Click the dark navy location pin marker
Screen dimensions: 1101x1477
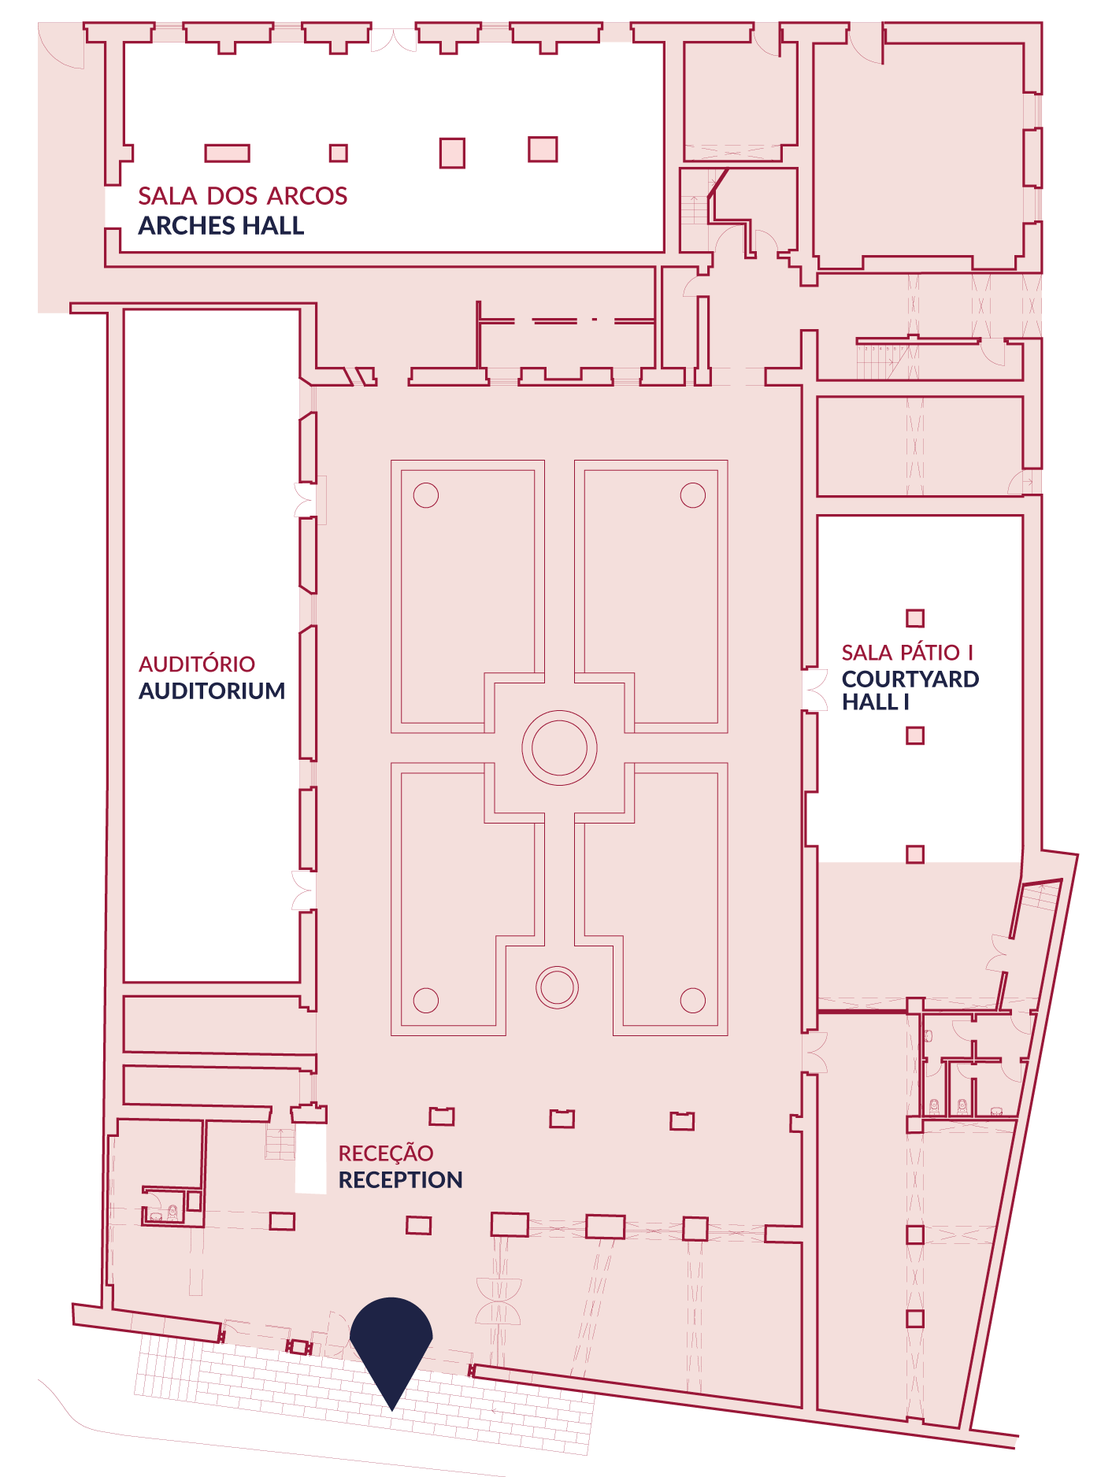pyautogui.click(x=391, y=1346)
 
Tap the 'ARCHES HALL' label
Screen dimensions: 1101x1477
pyautogui.click(x=221, y=226)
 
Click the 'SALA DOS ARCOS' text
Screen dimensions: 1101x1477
pyautogui.click(x=243, y=196)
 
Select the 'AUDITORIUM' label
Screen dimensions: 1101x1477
pyautogui.click(x=212, y=690)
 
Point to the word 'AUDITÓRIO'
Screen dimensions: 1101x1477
pyautogui.click(x=197, y=664)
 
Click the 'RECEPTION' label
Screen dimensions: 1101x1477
pyautogui.click(x=400, y=1179)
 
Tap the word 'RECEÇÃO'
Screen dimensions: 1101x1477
pyautogui.click(x=386, y=1153)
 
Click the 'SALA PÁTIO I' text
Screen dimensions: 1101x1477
pyautogui.click(x=907, y=653)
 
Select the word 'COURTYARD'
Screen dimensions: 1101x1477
pyautogui.click(x=910, y=679)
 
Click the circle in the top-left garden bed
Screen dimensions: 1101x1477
pyautogui.click(x=426, y=495)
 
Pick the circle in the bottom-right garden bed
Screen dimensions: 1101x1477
pyautogui.click(x=692, y=1000)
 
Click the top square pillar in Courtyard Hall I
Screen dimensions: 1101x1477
pyautogui.click(x=914, y=618)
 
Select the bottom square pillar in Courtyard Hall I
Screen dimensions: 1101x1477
pyautogui.click(x=914, y=853)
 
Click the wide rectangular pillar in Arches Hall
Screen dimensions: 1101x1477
pyautogui.click(x=228, y=153)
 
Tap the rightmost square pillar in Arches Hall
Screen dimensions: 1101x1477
pyautogui.click(x=543, y=149)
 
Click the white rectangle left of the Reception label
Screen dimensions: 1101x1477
pyautogui.click(x=310, y=1158)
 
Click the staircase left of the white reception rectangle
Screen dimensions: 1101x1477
pyautogui.click(x=280, y=1143)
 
